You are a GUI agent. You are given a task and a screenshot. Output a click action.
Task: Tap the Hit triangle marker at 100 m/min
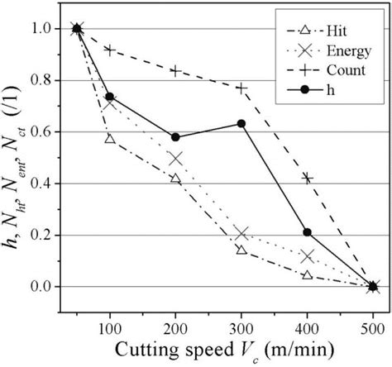[x=109, y=139]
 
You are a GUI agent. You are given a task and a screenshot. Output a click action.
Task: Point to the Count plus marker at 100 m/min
[x=109, y=50]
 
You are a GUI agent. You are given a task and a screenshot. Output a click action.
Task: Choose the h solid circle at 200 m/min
[x=175, y=137]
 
